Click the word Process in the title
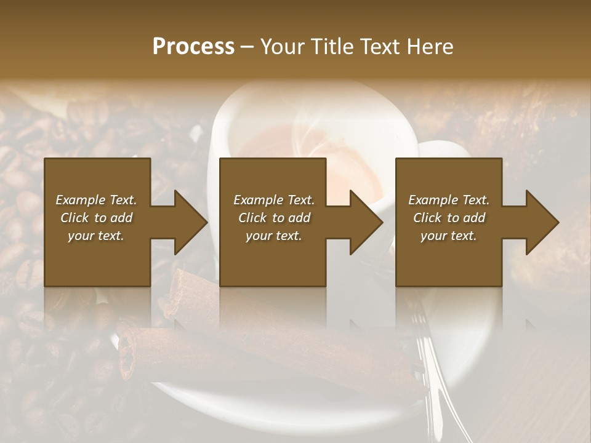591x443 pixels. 193,46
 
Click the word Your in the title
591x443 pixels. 281,46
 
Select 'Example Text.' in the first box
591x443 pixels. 96,200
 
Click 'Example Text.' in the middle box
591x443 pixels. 274,200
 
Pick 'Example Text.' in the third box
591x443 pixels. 449,200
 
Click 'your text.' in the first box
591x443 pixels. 96,236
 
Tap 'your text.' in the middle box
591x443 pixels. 274,236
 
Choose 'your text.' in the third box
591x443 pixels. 449,236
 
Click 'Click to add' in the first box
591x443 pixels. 96,218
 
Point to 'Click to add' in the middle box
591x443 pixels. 274,218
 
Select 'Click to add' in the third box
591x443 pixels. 449,218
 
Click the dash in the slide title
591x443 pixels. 247,47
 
